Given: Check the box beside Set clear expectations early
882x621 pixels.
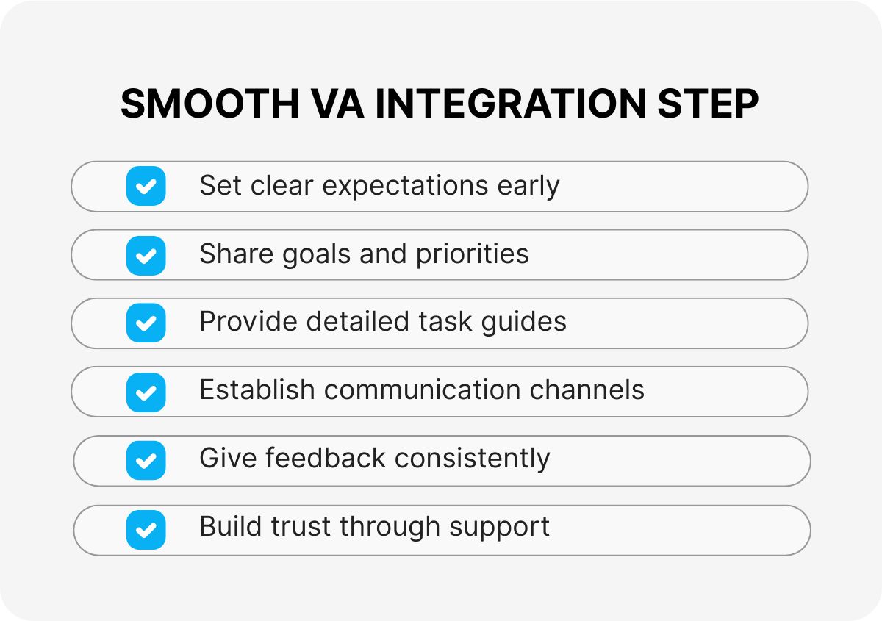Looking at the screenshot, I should [x=146, y=186].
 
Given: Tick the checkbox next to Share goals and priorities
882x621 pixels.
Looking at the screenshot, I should [x=146, y=255].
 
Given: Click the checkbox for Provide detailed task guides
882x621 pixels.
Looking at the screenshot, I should [x=146, y=323].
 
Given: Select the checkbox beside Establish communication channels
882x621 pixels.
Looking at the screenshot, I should [x=146, y=392].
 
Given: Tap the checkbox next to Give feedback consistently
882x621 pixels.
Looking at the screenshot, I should [x=146, y=461].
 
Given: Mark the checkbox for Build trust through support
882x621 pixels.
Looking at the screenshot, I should [x=146, y=529].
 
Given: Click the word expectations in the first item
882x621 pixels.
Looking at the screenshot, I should [x=406, y=187].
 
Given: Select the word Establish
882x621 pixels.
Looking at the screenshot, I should [x=257, y=390].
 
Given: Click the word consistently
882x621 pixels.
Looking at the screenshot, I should [x=472, y=459].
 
